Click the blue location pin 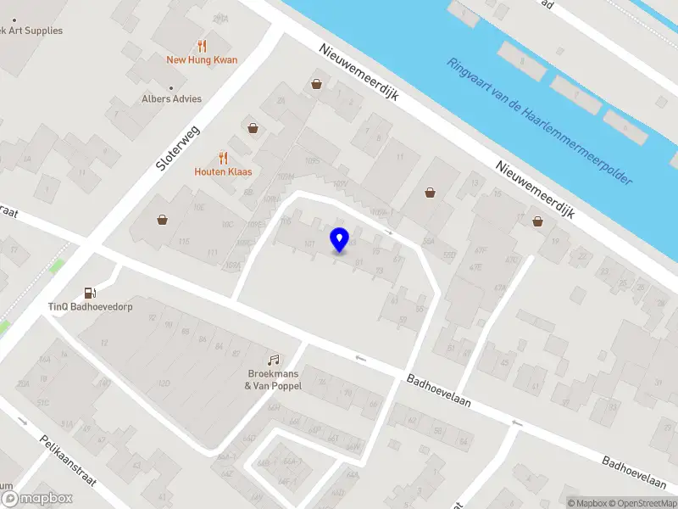pos(340,239)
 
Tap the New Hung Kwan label pos(202,60)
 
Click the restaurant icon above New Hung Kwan pos(202,46)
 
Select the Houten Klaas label pos(224,171)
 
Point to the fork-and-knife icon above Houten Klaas pos(224,157)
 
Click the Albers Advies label pos(172,99)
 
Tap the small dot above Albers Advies pos(172,87)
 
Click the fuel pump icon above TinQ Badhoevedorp pos(90,293)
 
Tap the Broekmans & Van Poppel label pos(274,379)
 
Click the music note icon pos(274,361)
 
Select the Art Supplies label pos(32,31)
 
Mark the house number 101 pos(309,244)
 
